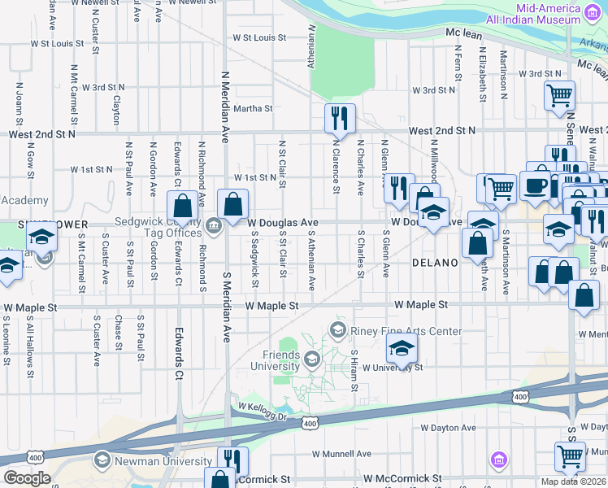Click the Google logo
click(27, 478)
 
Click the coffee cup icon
click(535, 185)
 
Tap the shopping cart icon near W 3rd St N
click(559, 96)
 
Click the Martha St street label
click(253, 108)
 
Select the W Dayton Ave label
click(448, 428)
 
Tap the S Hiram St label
click(354, 370)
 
